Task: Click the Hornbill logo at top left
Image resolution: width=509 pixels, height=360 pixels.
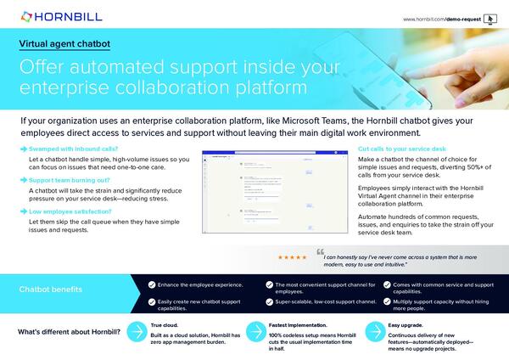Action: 53,15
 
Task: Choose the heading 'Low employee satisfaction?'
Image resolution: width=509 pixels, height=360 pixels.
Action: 71,211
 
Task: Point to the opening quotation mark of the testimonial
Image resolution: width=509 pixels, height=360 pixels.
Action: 321,252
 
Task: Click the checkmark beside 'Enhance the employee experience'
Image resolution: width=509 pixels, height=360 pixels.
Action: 152,285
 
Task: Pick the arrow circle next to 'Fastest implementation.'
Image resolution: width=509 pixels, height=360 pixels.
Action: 254,332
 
